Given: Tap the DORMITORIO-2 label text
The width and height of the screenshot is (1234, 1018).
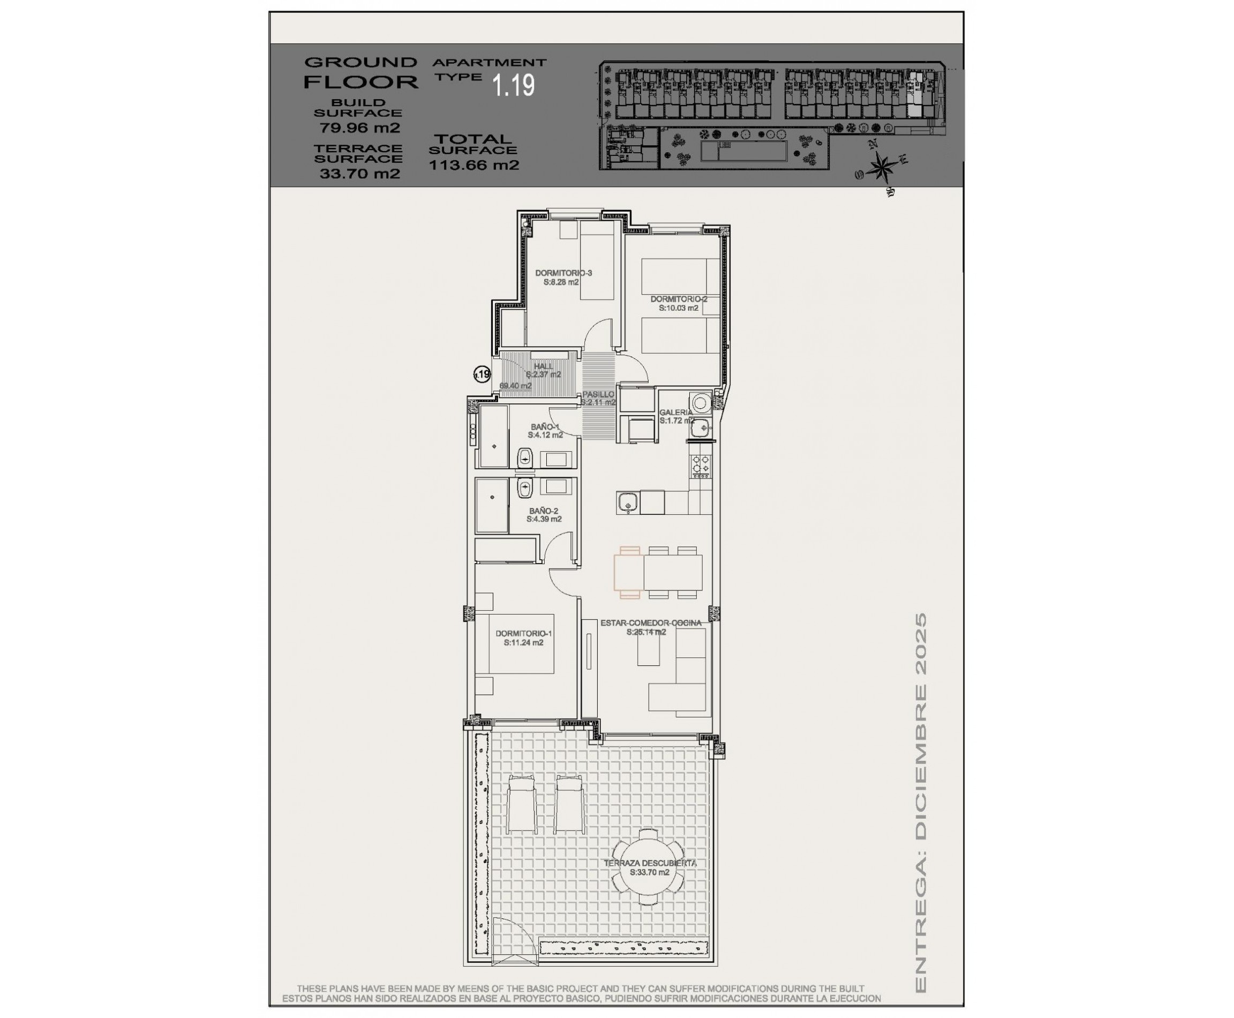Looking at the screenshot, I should coord(678,299).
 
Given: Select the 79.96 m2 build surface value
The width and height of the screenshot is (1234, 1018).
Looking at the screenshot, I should coord(359,128).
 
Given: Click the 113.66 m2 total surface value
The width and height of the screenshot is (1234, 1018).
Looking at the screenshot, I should coord(473,165).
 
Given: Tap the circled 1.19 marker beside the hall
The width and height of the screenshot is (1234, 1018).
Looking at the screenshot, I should coord(482,374).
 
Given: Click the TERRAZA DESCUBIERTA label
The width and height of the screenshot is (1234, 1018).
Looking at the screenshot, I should coord(650,863).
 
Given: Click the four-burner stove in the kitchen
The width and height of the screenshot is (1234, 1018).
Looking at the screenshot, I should coord(701,465).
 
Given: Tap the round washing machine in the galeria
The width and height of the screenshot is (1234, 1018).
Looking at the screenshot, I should coord(701,403).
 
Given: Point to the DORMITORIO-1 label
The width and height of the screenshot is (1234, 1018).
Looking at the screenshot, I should coord(523,633).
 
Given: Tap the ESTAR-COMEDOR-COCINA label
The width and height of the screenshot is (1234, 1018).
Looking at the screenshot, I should coord(650,623).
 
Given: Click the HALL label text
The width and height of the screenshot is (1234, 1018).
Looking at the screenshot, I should coord(543,366).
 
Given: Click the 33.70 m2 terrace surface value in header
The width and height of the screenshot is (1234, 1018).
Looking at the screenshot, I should coord(359,174).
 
